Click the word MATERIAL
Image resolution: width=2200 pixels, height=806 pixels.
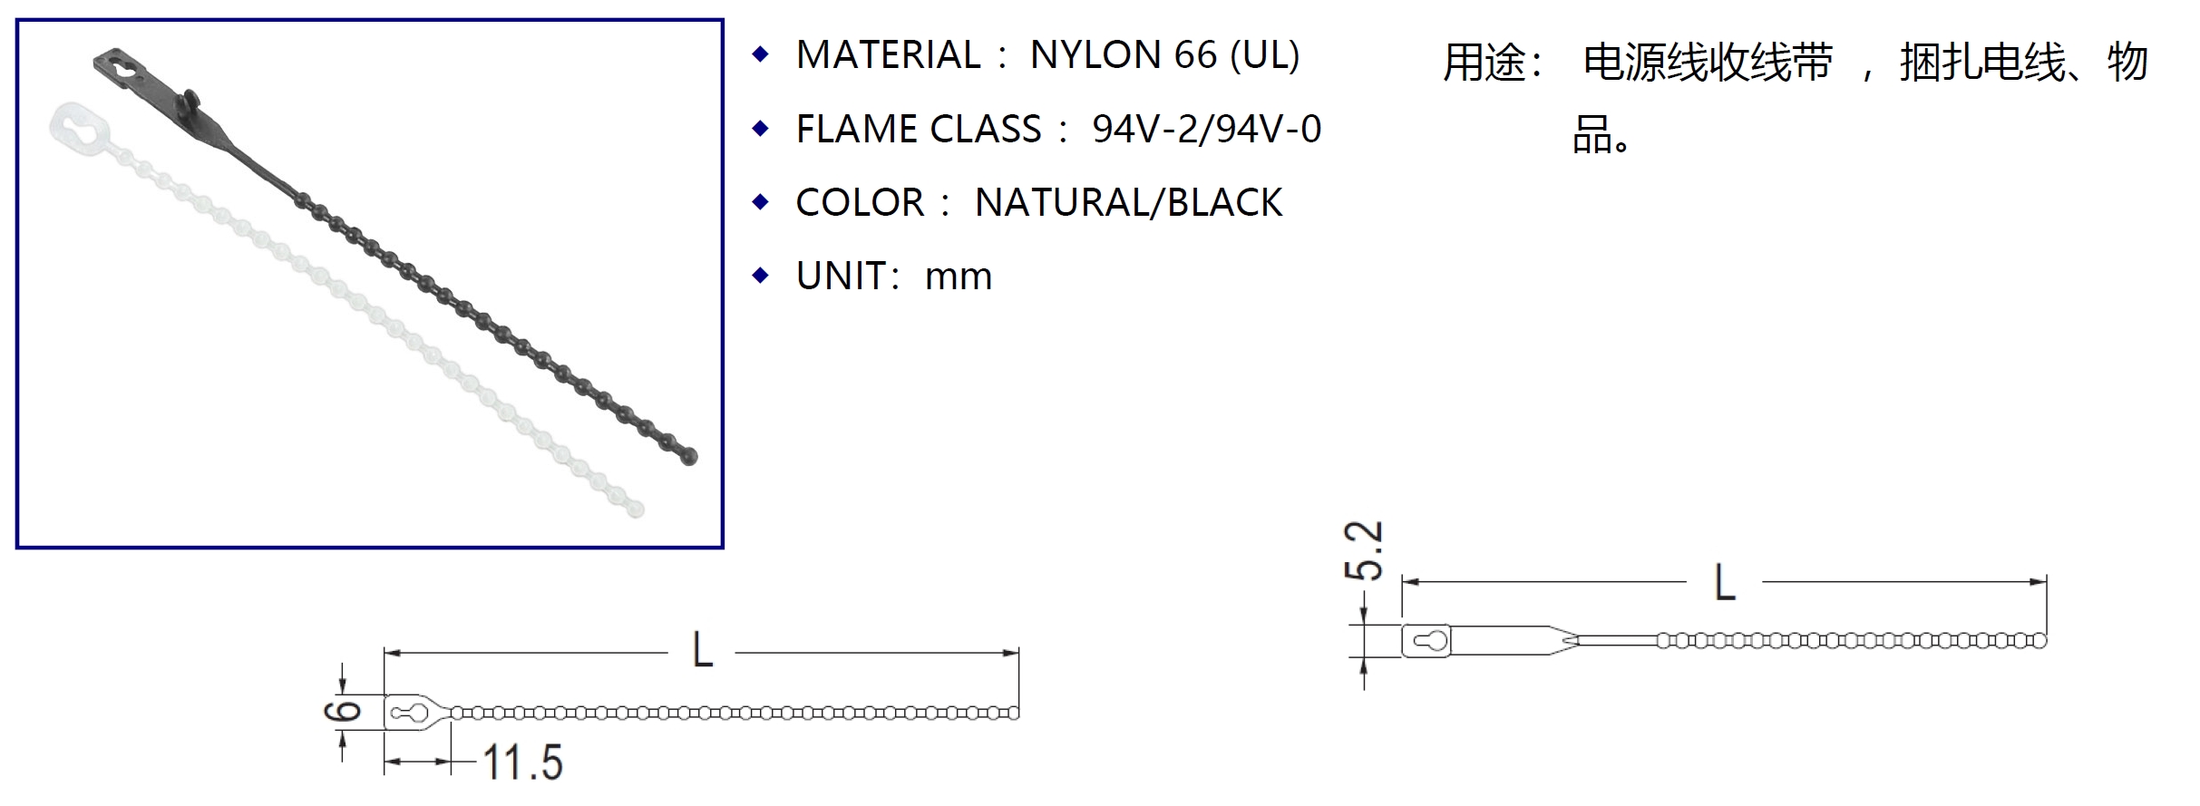click(888, 55)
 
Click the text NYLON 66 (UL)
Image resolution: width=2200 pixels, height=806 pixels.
click(1164, 55)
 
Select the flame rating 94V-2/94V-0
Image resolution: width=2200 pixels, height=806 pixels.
click(1206, 130)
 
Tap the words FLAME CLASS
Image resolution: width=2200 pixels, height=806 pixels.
click(918, 130)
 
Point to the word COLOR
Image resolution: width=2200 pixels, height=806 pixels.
click(859, 203)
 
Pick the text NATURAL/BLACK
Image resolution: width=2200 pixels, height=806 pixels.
click(1128, 203)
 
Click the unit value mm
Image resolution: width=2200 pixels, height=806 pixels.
click(958, 277)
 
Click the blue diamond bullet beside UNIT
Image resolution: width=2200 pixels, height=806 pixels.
click(761, 275)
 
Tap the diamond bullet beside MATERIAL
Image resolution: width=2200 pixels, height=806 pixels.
click(761, 54)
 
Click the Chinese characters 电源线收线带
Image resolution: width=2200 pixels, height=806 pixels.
click(1707, 63)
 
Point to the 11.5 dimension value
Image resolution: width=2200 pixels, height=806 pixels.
click(521, 762)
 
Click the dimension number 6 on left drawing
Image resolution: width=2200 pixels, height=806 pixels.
click(342, 711)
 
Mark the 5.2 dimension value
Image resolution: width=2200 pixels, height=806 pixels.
click(1363, 550)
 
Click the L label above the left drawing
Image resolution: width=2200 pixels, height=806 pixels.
click(702, 651)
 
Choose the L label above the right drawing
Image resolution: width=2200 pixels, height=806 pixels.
click(1724, 582)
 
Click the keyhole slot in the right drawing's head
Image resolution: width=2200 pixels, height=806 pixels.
click(1430, 641)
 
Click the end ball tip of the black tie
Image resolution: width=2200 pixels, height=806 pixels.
click(688, 455)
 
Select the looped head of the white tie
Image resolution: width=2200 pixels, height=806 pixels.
click(80, 124)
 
